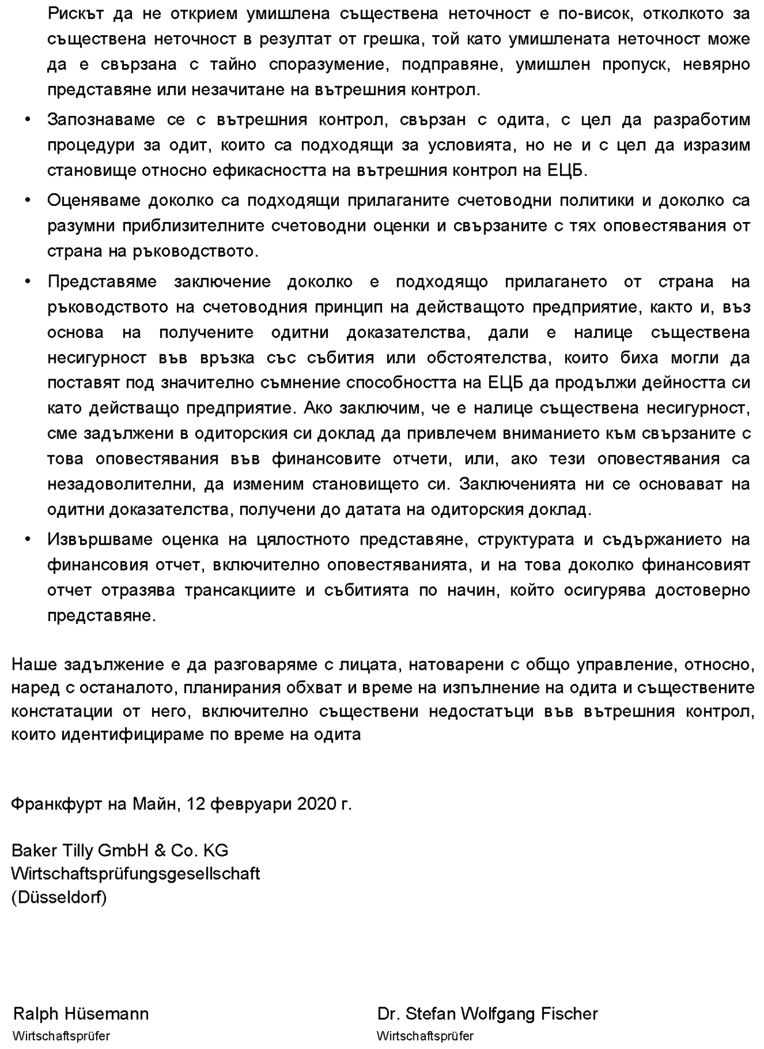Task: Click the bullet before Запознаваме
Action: point(27,120)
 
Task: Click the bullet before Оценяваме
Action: point(27,200)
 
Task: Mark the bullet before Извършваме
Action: point(27,540)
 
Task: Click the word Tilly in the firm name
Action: point(78,850)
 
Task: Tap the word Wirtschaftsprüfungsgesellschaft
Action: point(136,874)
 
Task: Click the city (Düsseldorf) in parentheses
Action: point(59,897)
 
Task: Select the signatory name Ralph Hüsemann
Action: point(81,1014)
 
